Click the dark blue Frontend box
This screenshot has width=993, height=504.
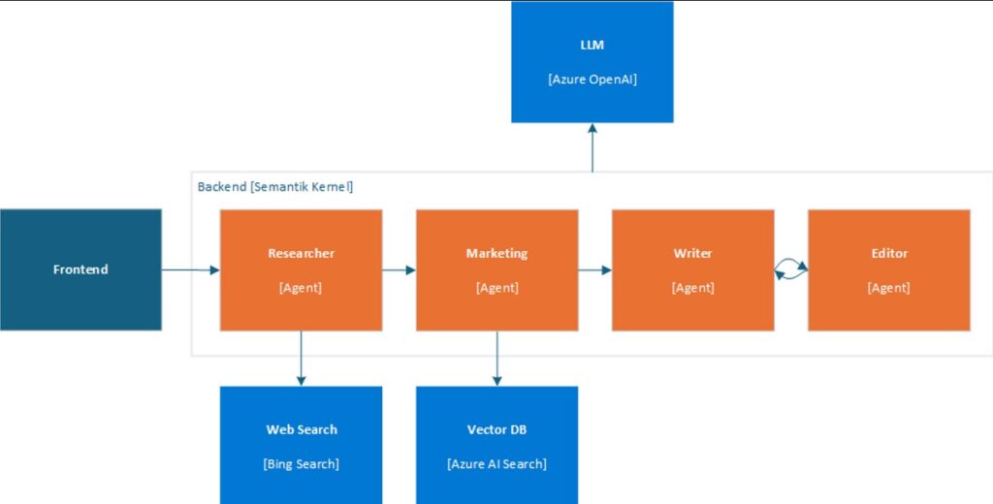[80, 269]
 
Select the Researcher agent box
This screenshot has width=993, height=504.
[301, 270]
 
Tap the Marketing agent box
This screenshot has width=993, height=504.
[496, 270]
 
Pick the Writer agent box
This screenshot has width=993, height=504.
[692, 270]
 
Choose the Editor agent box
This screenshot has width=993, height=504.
[888, 270]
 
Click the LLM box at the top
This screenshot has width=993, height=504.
[592, 62]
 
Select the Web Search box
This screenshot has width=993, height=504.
[301, 445]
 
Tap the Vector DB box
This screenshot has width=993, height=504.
[496, 445]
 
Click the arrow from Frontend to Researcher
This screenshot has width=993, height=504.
[190, 269]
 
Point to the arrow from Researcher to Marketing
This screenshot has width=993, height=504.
[399, 270]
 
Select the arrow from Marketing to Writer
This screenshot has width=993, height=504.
[594, 270]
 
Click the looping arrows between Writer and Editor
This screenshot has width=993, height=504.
[791, 270]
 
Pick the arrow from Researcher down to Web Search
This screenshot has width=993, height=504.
[301, 358]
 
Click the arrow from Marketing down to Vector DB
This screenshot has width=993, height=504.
[496, 358]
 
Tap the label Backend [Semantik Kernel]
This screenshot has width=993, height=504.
[275, 186]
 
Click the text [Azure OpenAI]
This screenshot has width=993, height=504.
[592, 79]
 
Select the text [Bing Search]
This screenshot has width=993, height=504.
[301, 463]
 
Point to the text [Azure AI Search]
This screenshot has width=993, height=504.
[496, 463]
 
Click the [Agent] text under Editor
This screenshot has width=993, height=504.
[888, 287]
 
